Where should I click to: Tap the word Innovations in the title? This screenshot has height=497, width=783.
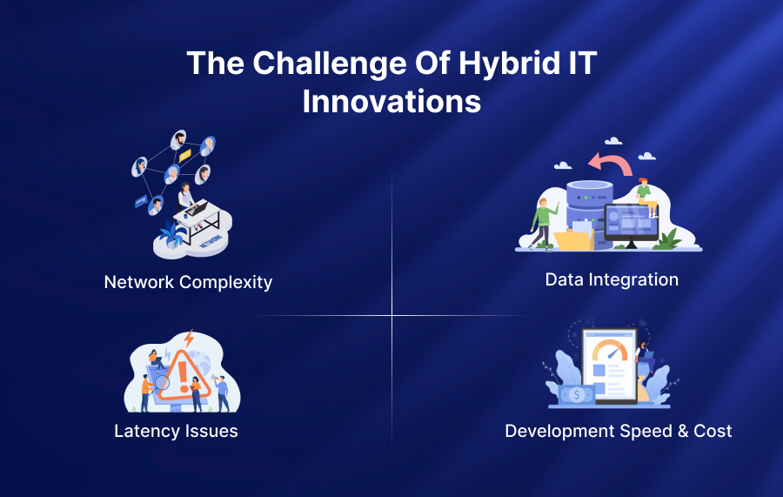(x=391, y=101)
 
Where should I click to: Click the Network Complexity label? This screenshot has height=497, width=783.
(x=188, y=282)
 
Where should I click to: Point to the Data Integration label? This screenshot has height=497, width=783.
(x=612, y=279)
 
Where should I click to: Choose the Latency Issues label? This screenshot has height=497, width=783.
(x=176, y=431)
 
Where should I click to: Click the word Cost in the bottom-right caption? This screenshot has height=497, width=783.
(x=713, y=431)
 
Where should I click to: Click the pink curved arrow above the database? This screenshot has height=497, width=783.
(x=609, y=163)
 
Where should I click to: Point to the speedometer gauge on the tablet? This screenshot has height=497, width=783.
(x=612, y=351)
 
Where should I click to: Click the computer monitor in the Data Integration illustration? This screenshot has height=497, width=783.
(x=632, y=223)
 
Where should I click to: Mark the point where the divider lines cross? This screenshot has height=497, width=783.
(x=391, y=316)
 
